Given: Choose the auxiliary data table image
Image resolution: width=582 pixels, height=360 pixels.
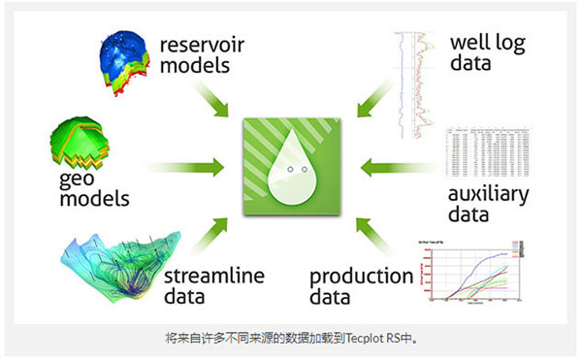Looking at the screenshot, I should click(x=484, y=152).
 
